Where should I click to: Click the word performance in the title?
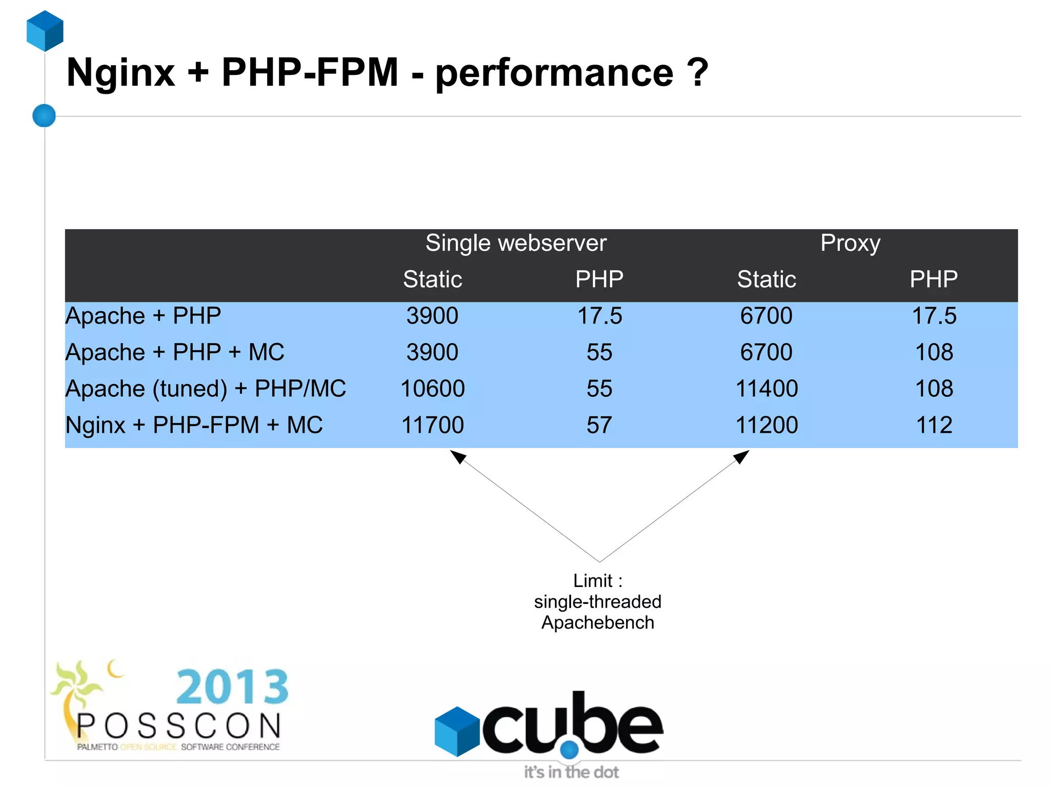pyautogui.click(x=554, y=73)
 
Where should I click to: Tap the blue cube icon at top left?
pyautogui.click(x=45, y=31)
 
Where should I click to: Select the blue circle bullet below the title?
pyautogui.click(x=44, y=115)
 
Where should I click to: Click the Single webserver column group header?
pyautogui.click(x=516, y=243)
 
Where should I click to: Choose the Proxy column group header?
pyautogui.click(x=850, y=243)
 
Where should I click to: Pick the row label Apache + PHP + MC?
pyautogui.click(x=175, y=352)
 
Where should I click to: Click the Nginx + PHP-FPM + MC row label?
pyautogui.click(x=194, y=425)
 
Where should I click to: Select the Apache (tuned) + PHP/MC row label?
pyautogui.click(x=206, y=389)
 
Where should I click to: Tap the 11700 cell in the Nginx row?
pyautogui.click(x=432, y=425)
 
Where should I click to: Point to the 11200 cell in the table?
pyautogui.click(x=766, y=425)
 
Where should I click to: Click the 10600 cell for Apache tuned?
pyautogui.click(x=432, y=389)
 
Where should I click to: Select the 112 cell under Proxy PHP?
pyautogui.click(x=934, y=425)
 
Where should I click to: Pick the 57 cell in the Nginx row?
pyautogui.click(x=599, y=425)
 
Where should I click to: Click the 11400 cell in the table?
pyautogui.click(x=766, y=389)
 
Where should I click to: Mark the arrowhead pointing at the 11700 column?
pyautogui.click(x=458, y=456)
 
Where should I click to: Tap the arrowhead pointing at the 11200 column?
pyautogui.click(x=741, y=456)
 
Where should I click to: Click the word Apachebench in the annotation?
pyautogui.click(x=598, y=622)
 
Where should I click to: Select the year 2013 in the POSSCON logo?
pyautogui.click(x=232, y=687)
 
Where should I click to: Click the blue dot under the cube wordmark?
pyautogui.click(x=569, y=750)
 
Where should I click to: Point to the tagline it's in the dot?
pyautogui.click(x=571, y=772)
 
